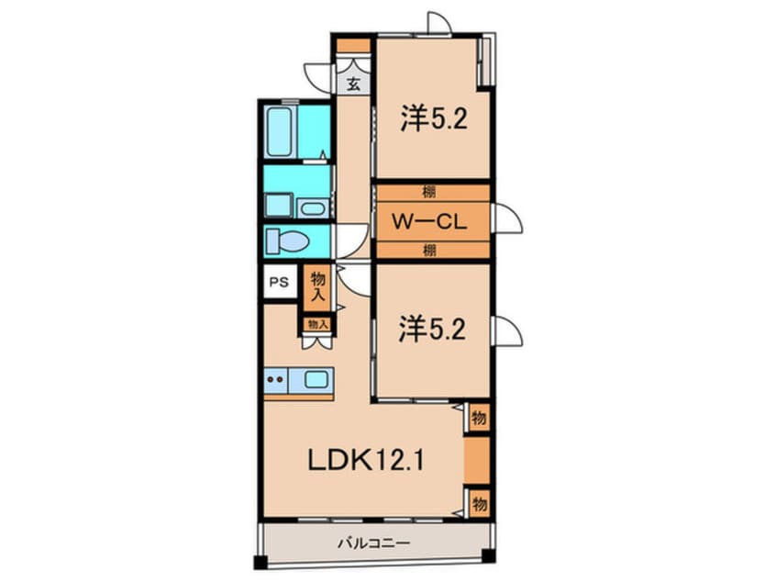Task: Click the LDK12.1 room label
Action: point(366,461)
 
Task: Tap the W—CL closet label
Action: point(429,221)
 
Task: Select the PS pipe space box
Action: point(280,282)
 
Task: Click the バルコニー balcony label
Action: point(373,543)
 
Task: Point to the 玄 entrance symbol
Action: point(353,84)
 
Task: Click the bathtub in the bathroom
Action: point(279,132)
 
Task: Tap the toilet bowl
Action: point(287,241)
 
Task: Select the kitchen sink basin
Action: point(316,380)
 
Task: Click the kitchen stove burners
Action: point(274,380)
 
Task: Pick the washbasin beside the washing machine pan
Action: point(313,208)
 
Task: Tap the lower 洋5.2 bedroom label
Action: point(432,330)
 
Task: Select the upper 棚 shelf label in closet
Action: point(429,192)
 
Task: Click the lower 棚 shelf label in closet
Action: point(429,250)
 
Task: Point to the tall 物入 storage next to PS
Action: point(317,286)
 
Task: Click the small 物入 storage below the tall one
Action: point(317,324)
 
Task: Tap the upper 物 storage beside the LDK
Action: point(479,419)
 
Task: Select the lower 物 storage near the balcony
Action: point(479,504)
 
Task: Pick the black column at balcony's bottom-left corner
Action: point(261,563)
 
